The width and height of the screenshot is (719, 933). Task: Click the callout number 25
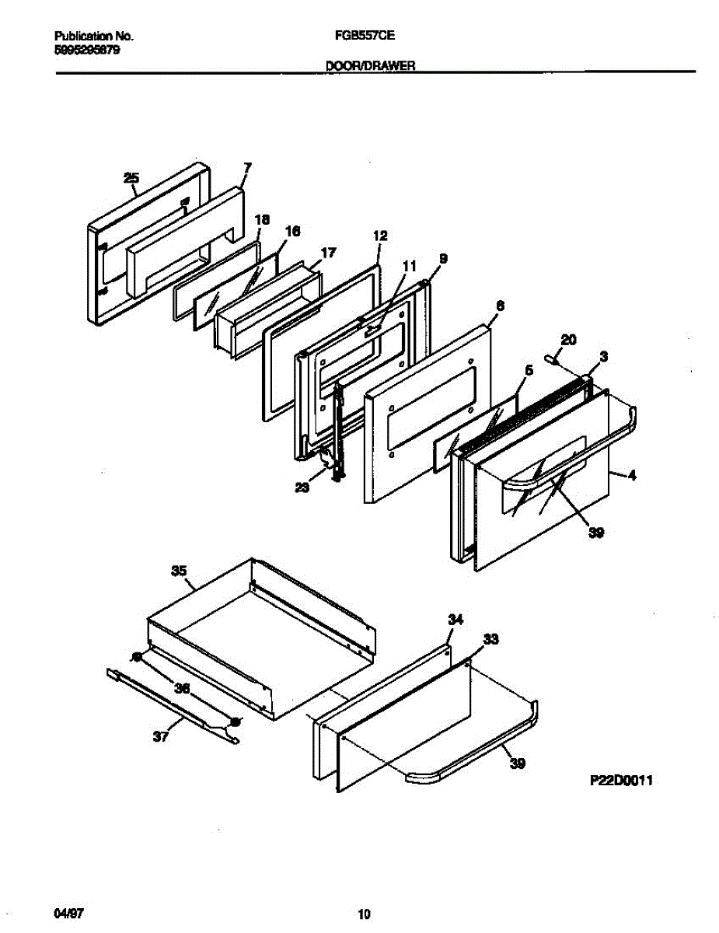click(x=131, y=179)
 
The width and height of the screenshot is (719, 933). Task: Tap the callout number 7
click(x=247, y=167)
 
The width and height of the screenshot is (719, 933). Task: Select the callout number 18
click(x=262, y=220)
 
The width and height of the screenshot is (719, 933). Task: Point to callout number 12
click(x=379, y=236)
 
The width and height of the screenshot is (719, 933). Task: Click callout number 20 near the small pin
click(x=568, y=339)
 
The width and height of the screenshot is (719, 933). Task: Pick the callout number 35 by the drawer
click(x=179, y=571)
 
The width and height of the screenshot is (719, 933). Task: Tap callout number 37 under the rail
click(x=161, y=737)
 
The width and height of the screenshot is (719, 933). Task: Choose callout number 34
click(x=455, y=619)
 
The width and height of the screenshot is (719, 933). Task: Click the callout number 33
click(x=490, y=639)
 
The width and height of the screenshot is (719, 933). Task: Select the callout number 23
click(x=302, y=487)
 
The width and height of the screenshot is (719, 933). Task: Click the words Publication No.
click(x=94, y=36)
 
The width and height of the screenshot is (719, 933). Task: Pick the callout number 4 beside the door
click(x=632, y=475)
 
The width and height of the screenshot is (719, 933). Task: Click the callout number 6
click(x=500, y=306)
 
